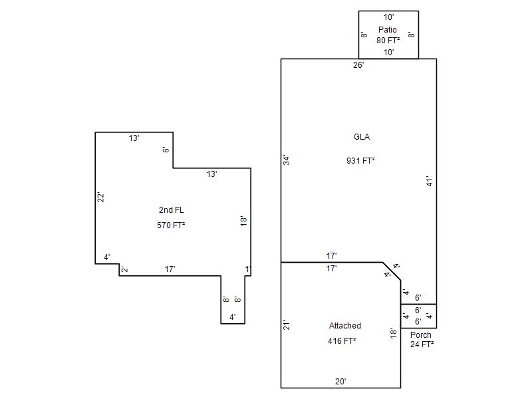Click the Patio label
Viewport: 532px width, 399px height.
pos(388,29)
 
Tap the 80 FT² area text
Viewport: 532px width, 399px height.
pos(388,40)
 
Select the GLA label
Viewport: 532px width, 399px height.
pos(362,137)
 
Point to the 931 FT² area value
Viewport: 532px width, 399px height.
pos(360,160)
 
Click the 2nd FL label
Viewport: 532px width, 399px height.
pos(172,210)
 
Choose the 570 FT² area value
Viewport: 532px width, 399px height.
pos(171,225)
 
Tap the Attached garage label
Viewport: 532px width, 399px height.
pos(345,326)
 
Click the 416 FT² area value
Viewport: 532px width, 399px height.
pos(342,341)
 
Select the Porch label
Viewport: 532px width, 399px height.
pos(421,335)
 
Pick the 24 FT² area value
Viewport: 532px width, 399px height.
pos(422,344)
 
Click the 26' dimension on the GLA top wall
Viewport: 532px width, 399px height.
pos(358,65)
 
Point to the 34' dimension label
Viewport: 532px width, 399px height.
pos(287,160)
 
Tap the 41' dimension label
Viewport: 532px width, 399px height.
pos(430,181)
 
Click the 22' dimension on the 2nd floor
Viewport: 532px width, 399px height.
pos(101,198)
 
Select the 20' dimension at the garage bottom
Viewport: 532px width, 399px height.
pos(340,381)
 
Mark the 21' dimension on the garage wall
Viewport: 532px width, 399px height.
pos(287,325)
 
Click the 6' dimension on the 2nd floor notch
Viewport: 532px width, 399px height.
pos(166,150)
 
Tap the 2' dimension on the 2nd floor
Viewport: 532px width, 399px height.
pos(125,270)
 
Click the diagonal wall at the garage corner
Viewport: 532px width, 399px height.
pos(392,271)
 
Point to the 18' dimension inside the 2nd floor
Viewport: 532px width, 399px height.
pos(243,221)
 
